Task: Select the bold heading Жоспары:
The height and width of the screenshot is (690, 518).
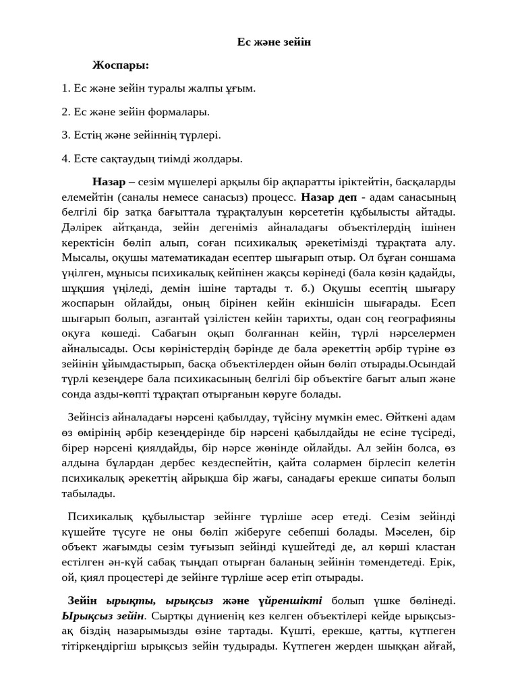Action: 121,65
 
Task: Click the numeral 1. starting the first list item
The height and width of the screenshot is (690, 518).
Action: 65,88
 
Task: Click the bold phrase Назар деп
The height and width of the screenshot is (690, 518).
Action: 328,197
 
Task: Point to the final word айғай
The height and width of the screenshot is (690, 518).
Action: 438,646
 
